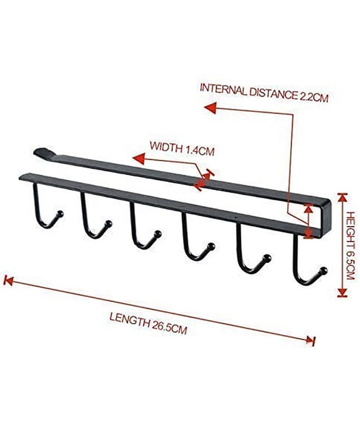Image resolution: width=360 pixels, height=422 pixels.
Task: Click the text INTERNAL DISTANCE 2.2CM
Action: (264, 93)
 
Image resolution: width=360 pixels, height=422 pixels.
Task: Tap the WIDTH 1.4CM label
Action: (182, 148)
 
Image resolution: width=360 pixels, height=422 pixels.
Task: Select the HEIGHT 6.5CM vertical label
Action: (350, 245)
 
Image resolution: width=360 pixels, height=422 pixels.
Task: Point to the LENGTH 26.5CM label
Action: (148, 323)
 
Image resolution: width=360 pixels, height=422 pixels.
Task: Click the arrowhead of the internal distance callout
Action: (210, 108)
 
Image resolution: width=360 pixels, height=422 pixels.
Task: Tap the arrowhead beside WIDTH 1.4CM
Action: (139, 159)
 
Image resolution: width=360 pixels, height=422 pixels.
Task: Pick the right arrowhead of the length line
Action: (310, 340)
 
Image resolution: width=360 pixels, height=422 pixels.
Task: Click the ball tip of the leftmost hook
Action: (61, 214)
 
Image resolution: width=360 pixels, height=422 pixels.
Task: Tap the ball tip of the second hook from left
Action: (109, 224)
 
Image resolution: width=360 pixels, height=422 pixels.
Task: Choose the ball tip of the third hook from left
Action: (158, 234)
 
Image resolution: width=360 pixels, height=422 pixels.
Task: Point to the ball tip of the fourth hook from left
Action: (211, 246)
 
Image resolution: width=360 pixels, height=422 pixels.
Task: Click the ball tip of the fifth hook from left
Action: (267, 258)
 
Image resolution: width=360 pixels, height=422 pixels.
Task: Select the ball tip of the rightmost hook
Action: (324, 271)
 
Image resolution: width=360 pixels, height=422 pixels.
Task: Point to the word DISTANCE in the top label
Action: (273, 93)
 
